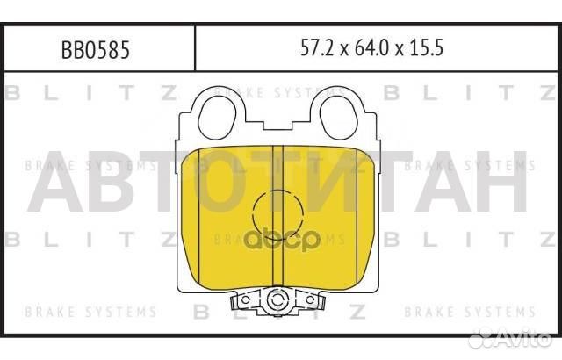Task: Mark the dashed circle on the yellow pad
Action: point(277,212)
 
